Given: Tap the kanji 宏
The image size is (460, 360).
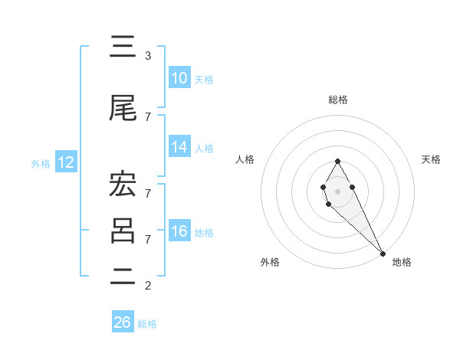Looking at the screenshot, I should [x=123, y=185].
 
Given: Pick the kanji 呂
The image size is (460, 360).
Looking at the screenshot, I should [x=123, y=231].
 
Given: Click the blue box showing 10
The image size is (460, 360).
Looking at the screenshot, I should [x=179, y=78].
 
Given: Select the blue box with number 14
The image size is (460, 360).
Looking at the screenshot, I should [x=179, y=147].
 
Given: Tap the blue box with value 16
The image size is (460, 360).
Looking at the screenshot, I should [x=179, y=231].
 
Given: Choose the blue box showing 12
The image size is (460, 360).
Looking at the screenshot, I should [x=65, y=162].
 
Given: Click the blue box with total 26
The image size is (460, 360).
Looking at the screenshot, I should [x=123, y=322].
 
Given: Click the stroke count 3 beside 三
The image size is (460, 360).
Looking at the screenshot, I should [x=148, y=56].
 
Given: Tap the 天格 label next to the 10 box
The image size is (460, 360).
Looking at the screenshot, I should [x=204, y=79].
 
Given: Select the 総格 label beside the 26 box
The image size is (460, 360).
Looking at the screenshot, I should [x=147, y=323].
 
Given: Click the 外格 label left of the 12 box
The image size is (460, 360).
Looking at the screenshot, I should [x=41, y=163].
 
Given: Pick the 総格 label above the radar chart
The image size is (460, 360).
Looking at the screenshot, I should [x=338, y=100].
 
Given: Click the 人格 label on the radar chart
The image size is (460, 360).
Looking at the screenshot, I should [x=245, y=159].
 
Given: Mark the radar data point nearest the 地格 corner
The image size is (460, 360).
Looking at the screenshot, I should [x=383, y=254].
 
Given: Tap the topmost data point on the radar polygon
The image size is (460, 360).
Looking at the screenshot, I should [x=337, y=161].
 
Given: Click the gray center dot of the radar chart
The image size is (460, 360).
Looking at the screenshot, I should [x=337, y=191].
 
